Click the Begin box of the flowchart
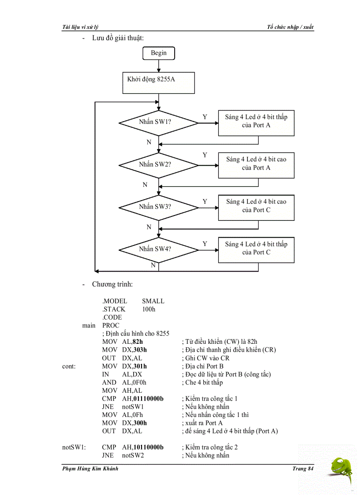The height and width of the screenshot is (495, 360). click(158, 53)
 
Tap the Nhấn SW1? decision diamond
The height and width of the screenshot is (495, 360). click(158, 122)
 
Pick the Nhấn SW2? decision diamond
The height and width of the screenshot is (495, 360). click(158, 164)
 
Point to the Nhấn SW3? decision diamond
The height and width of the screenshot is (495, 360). click(158, 207)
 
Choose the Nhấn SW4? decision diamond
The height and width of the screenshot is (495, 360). click(158, 249)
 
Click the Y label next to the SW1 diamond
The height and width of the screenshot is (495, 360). click(205, 117)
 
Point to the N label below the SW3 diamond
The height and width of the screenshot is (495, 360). click(149, 227)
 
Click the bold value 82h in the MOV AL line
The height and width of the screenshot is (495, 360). click(138, 342)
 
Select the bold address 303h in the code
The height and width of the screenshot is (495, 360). click(140, 350)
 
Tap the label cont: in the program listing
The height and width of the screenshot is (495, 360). click(69, 366)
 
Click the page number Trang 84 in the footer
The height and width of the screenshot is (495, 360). click(303, 469)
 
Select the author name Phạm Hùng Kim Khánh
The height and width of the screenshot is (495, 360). click(90, 469)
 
